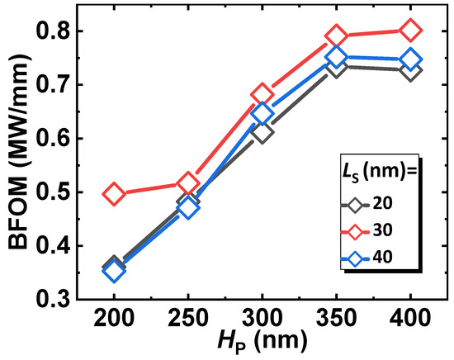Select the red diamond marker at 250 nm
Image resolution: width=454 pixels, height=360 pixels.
tap(187, 183)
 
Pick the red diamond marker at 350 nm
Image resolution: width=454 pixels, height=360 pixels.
tap(336, 36)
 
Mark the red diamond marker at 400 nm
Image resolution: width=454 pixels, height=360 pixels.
tap(409, 31)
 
